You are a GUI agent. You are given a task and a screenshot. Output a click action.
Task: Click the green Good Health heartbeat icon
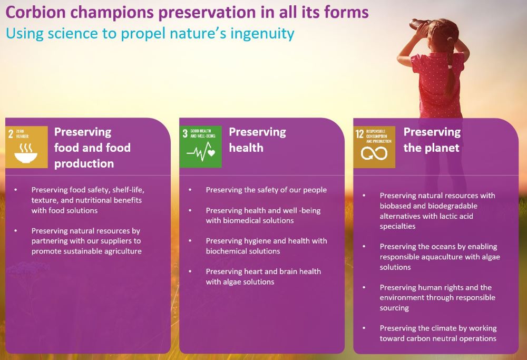click(201, 152)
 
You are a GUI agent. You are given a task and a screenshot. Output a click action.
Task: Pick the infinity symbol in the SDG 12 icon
click(374, 153)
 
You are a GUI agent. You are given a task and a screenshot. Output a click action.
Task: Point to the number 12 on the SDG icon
click(359, 134)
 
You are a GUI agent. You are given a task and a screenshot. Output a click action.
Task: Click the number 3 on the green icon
click(185, 133)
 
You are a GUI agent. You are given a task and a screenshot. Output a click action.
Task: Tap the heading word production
click(84, 164)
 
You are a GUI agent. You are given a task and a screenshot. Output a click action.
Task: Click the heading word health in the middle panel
click(246, 148)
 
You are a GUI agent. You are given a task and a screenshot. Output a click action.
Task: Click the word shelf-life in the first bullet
click(128, 190)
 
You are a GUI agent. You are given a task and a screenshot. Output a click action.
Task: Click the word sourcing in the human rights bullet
click(394, 308)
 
